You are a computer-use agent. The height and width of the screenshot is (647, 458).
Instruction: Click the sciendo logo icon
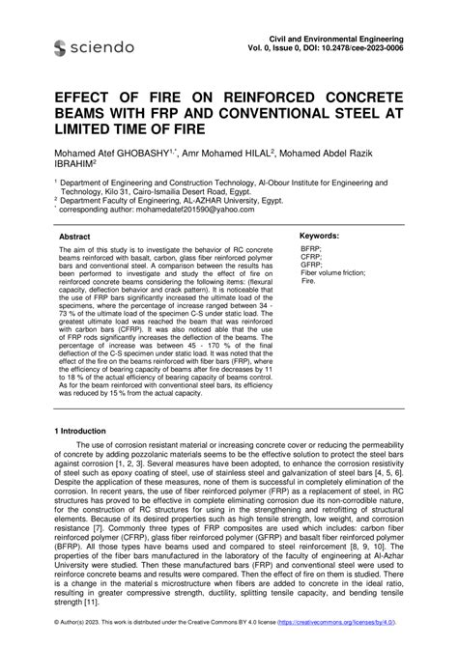click(x=61, y=47)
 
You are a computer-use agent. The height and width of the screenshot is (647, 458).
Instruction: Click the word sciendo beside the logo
click(x=103, y=47)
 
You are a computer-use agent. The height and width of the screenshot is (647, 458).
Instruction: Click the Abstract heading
click(x=74, y=236)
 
